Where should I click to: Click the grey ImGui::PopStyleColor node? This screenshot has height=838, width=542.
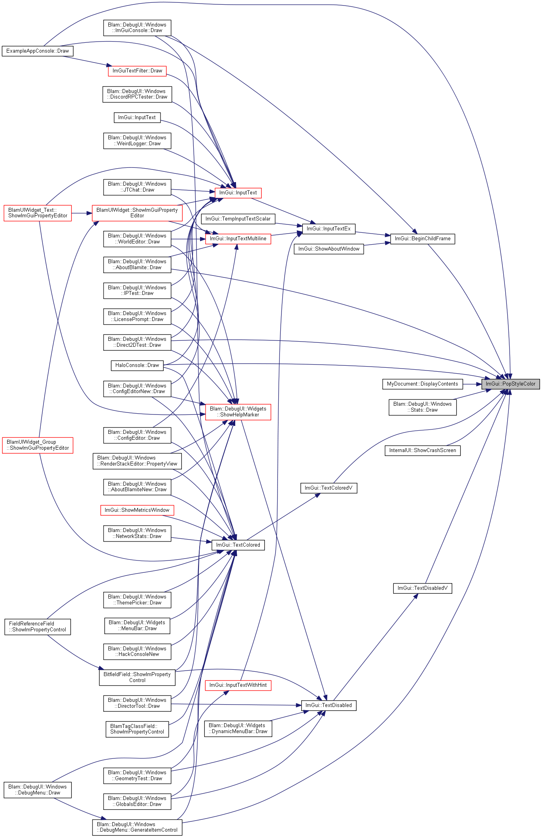pos(510,384)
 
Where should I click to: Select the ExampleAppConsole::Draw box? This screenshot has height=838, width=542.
pos(38,51)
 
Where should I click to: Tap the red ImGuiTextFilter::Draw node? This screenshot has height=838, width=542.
pos(137,71)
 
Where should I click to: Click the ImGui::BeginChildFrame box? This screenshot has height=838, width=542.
pos(423,239)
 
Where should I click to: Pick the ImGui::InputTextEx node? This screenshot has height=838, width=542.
pos(329,229)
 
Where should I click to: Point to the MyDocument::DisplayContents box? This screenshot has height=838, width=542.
pos(422,384)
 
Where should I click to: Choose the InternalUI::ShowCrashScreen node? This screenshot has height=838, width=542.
pos(423,450)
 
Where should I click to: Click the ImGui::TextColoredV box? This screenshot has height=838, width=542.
pos(329,488)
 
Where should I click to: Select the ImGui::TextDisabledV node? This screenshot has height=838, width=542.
pos(423,588)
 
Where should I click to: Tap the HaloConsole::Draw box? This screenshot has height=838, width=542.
pos(137,365)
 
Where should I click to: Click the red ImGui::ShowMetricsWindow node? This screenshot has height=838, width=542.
pos(137,510)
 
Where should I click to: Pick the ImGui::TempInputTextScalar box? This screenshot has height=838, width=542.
pos(238,219)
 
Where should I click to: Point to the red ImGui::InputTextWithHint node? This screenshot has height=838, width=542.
pos(238,685)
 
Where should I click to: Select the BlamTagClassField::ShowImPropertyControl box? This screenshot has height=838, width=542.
pos(137,729)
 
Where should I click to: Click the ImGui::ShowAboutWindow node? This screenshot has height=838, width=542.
pos(329,249)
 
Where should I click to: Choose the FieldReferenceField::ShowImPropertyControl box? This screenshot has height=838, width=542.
pos(38,627)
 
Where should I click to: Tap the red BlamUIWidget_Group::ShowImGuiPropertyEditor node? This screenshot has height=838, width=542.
pos(38,445)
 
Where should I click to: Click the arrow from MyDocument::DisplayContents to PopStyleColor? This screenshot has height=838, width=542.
pos(472,384)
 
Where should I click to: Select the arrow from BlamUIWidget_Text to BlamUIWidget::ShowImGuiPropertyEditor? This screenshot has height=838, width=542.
pos(82,213)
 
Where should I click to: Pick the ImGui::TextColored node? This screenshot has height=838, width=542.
pos(238,545)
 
